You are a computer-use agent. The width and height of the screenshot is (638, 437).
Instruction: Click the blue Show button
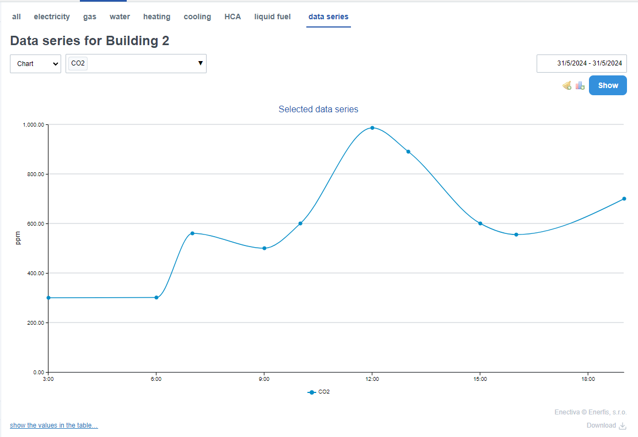(608, 85)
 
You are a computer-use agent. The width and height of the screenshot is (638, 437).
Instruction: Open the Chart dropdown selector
(35, 64)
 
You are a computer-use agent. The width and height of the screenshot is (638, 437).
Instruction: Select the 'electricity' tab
(52, 17)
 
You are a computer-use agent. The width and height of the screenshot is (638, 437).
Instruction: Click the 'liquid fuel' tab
(272, 17)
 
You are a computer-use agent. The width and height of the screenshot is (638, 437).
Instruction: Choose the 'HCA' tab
(233, 17)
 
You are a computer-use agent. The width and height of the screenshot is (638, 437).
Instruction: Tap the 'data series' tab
(328, 17)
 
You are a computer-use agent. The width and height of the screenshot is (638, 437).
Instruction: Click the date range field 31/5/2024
(582, 63)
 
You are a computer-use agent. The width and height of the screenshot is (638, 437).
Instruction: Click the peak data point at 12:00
(372, 128)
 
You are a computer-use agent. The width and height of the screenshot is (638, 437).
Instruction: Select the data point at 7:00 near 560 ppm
(192, 233)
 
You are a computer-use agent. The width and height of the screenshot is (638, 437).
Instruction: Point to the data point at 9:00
(264, 248)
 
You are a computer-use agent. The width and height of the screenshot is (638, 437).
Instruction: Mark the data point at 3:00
(48, 298)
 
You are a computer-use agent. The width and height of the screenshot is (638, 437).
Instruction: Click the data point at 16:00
(516, 234)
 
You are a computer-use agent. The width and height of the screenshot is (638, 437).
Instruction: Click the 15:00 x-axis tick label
(480, 379)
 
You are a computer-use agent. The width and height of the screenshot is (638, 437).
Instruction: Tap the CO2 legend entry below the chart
(319, 392)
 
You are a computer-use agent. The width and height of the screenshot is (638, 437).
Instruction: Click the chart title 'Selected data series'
(318, 110)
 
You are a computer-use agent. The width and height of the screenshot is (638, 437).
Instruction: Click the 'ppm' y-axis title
(18, 238)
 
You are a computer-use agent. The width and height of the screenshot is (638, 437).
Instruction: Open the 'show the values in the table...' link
(54, 425)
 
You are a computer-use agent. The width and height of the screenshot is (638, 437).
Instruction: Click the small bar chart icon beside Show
(580, 85)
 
